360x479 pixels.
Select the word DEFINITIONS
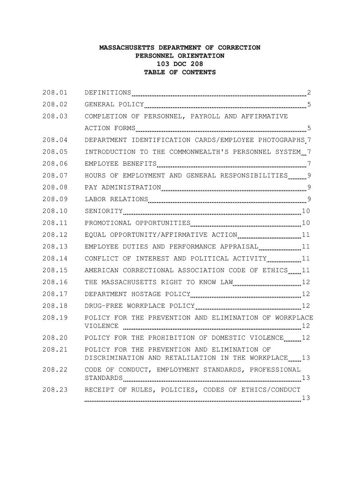tap(108, 93)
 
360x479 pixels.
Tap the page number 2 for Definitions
tap(309, 93)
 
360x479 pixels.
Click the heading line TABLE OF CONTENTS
tap(180, 73)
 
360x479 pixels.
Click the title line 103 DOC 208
tap(180, 64)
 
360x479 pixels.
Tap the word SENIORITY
tap(103, 211)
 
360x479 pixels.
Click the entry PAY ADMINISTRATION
tap(122, 188)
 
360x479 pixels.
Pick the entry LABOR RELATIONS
tap(116, 199)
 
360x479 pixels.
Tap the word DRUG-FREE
tap(103, 306)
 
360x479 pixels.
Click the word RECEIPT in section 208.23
tap(99, 390)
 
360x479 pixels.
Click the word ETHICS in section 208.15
tap(275, 270)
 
